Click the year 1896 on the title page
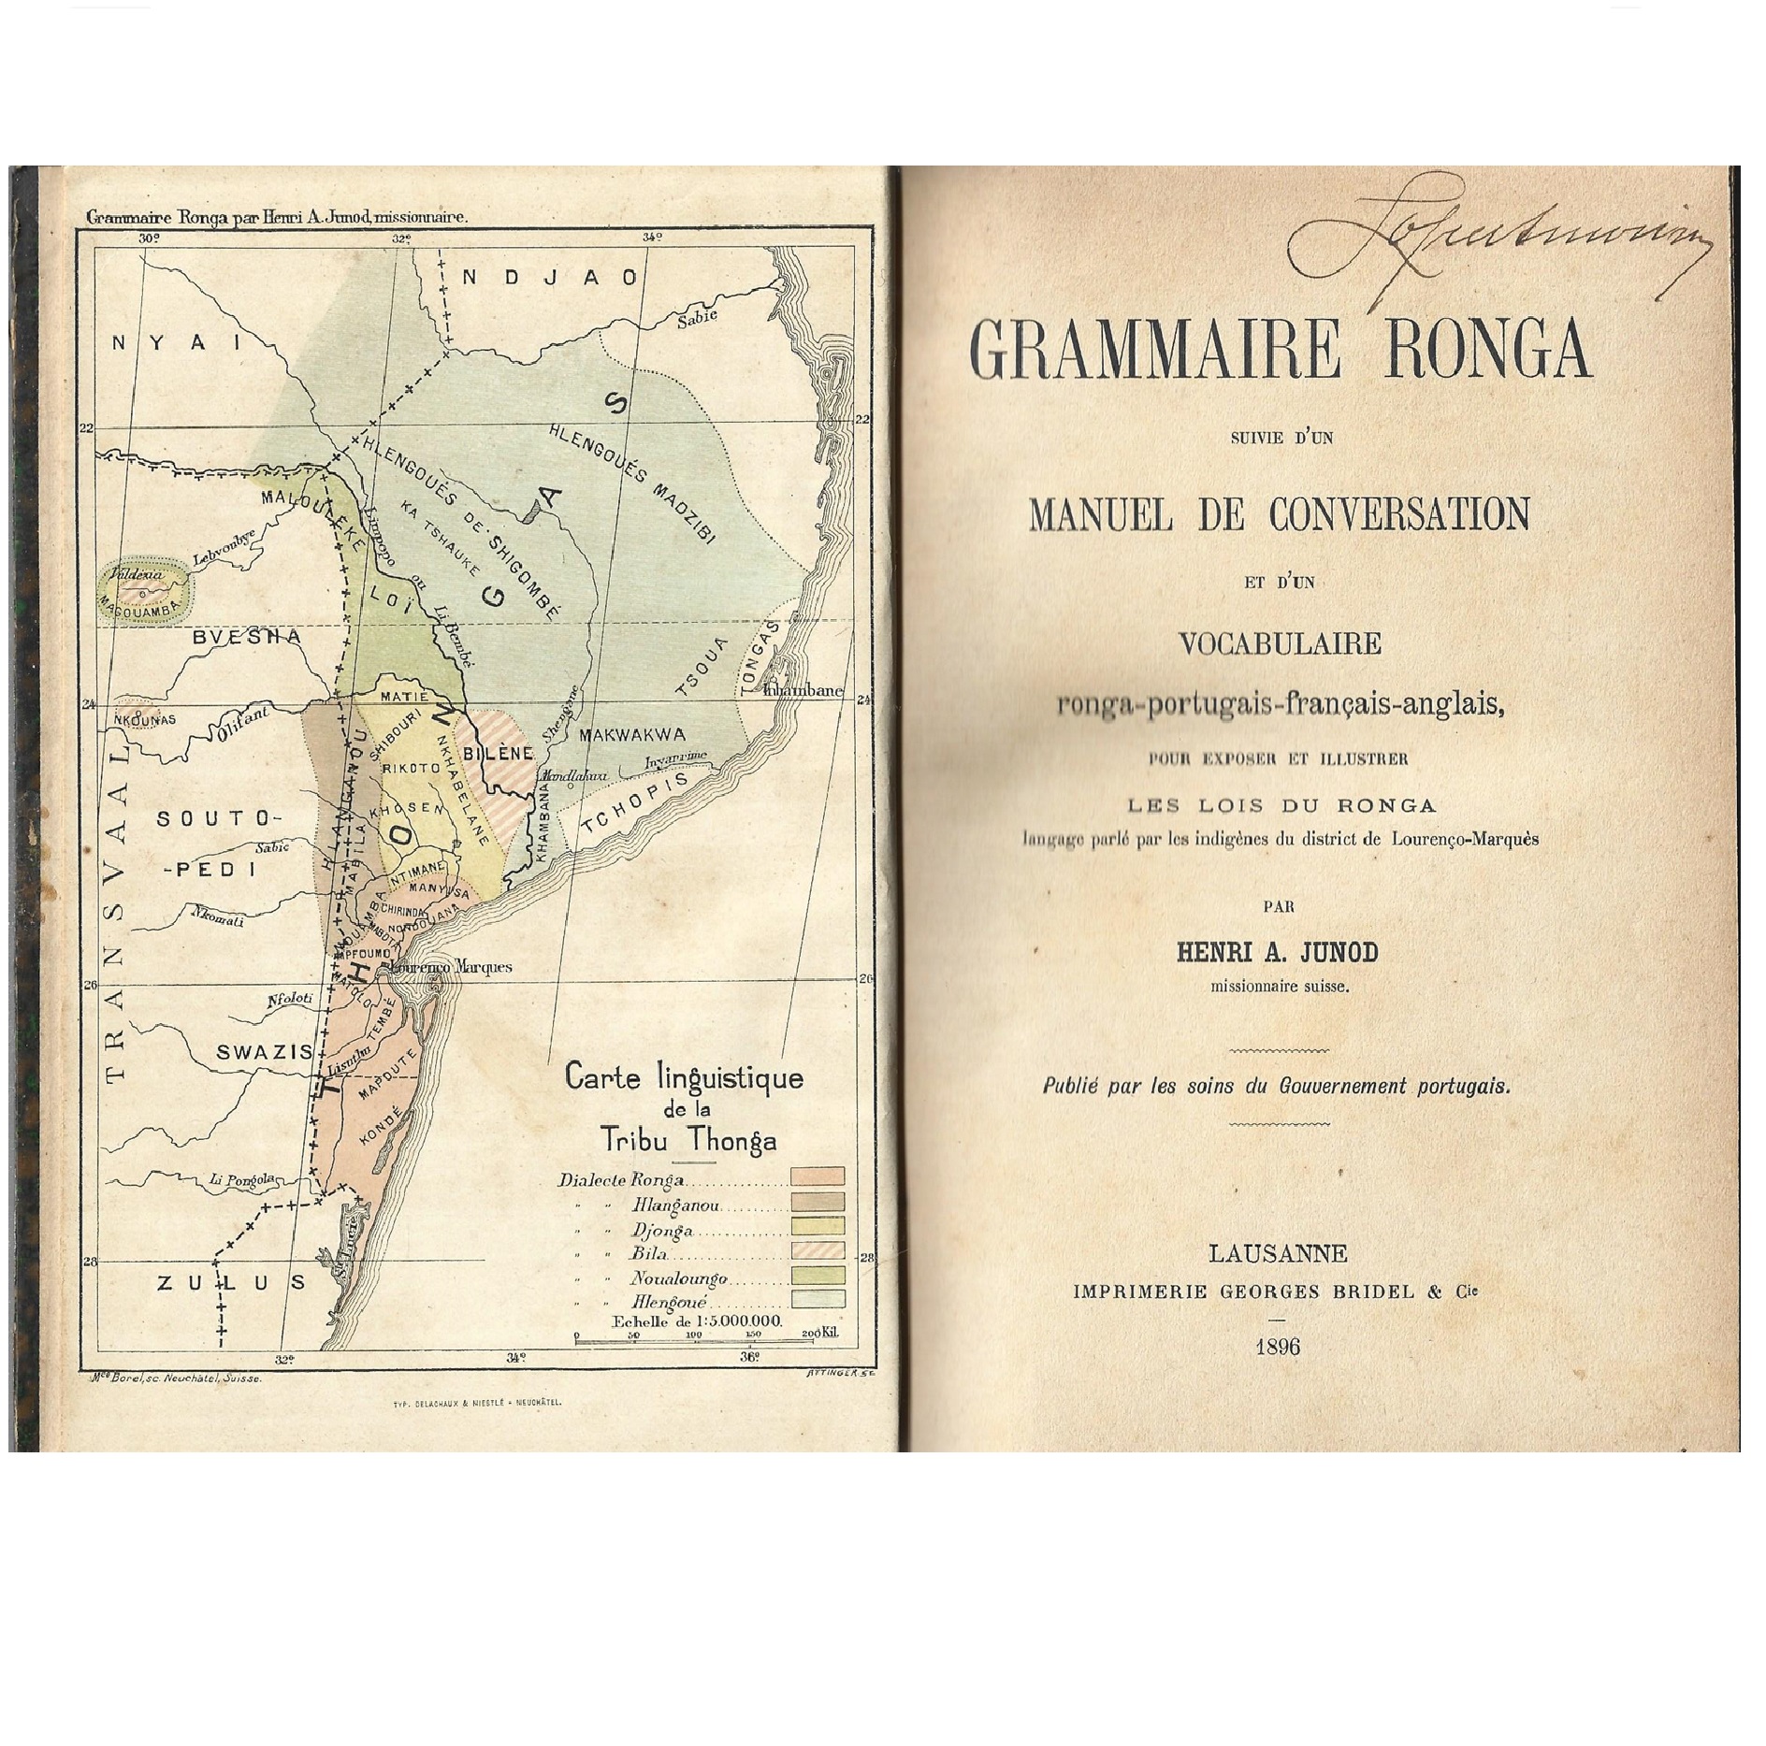[x=1278, y=1347]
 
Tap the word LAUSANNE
[x=1278, y=1253]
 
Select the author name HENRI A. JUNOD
[x=1277, y=952]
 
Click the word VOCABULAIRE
[x=1280, y=643]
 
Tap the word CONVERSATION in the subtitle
[x=1399, y=513]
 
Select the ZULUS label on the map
[x=232, y=1282]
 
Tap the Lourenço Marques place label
[x=452, y=966]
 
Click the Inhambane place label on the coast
[x=803, y=691]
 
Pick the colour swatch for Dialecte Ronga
[x=818, y=1176]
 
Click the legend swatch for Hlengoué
[x=818, y=1299]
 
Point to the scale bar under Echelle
[x=697, y=1341]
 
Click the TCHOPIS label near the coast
[x=634, y=803]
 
